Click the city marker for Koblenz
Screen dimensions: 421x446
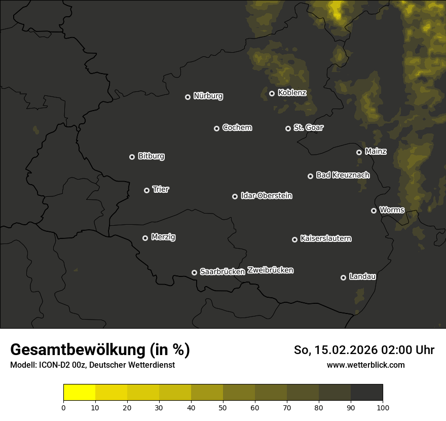[x=272, y=93]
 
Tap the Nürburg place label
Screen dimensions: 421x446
[x=208, y=96]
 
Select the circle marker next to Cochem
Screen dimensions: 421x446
[x=216, y=128]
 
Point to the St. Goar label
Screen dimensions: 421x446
[x=308, y=127]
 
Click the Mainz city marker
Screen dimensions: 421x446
[x=359, y=152]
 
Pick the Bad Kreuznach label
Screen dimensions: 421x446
[x=343, y=175]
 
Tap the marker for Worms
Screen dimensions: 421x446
[x=374, y=210]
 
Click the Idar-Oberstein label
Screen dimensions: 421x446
[x=266, y=195]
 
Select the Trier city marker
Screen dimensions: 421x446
[x=146, y=190]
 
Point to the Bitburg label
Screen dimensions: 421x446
[x=151, y=156]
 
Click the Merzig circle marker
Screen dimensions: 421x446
[x=145, y=238]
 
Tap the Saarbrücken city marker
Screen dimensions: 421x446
[x=194, y=272]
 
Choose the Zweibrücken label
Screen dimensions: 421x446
[x=270, y=270]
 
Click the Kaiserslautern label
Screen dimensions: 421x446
[x=325, y=238]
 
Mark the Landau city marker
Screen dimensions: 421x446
[x=343, y=277]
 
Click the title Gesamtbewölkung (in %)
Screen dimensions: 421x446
[x=100, y=349]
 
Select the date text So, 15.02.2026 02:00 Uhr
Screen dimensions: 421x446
[x=364, y=350]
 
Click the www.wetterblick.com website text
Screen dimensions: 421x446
[x=365, y=365]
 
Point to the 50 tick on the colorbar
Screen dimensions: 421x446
[x=223, y=407]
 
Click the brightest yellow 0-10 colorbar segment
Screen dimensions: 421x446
[x=80, y=393]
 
